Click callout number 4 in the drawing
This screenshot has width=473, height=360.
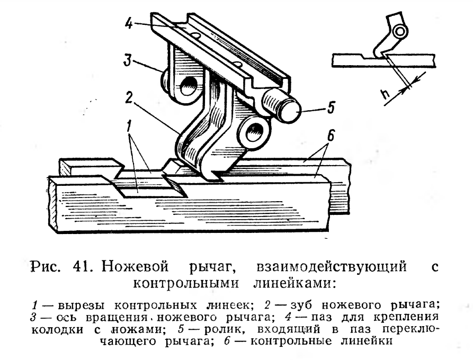129,23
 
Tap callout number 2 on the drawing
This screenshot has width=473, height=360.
129,97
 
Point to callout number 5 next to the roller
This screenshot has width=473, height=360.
331,107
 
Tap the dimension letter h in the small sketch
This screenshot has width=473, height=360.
385,94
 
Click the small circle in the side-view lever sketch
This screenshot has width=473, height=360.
400,31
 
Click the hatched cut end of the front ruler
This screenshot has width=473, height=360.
53,202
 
